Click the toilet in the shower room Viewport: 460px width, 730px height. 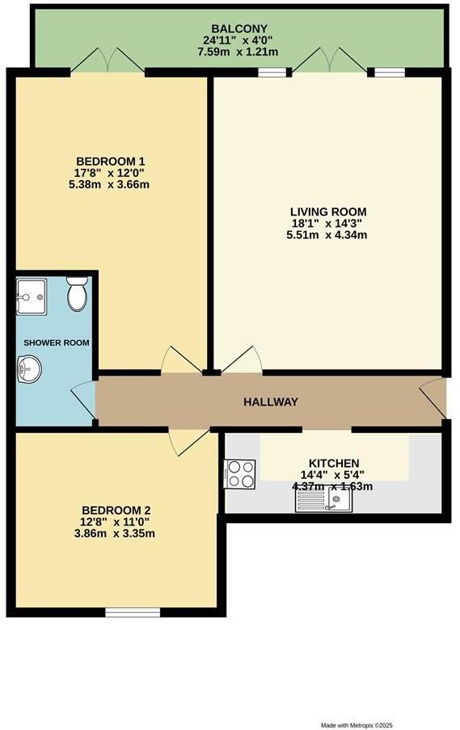(78, 294)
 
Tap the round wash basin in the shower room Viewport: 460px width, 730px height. (27, 371)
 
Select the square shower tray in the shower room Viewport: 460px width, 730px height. (32, 297)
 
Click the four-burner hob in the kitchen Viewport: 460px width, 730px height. (240, 473)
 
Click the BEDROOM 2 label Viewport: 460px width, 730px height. (116, 510)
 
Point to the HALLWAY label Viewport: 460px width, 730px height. (271, 402)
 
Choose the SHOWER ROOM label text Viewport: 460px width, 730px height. (56, 342)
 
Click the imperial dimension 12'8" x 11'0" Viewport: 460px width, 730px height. (116, 522)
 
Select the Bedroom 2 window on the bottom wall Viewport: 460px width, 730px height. (127, 612)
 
